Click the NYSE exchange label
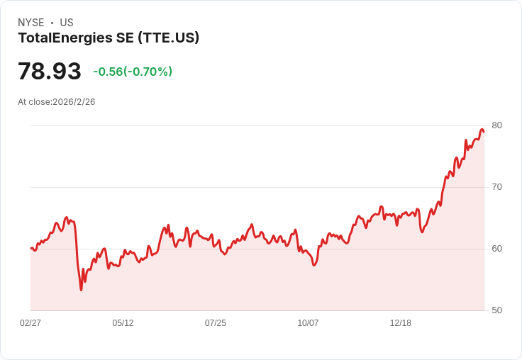(31, 23)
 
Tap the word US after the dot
(67, 23)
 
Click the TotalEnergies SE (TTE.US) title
(109, 38)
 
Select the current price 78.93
(50, 72)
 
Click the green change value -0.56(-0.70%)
(133, 72)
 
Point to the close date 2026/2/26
(74, 102)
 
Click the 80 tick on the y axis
(496, 125)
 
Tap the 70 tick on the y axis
(496, 187)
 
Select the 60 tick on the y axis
(496, 249)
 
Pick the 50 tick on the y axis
(496, 310)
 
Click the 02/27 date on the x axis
(30, 323)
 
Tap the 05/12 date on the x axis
(123, 323)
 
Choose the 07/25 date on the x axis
(216, 323)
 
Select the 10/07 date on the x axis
(308, 323)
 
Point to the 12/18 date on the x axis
(401, 323)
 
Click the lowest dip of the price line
(81, 290)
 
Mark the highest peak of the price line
(482, 129)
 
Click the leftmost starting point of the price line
(31, 248)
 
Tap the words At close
(34, 102)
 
